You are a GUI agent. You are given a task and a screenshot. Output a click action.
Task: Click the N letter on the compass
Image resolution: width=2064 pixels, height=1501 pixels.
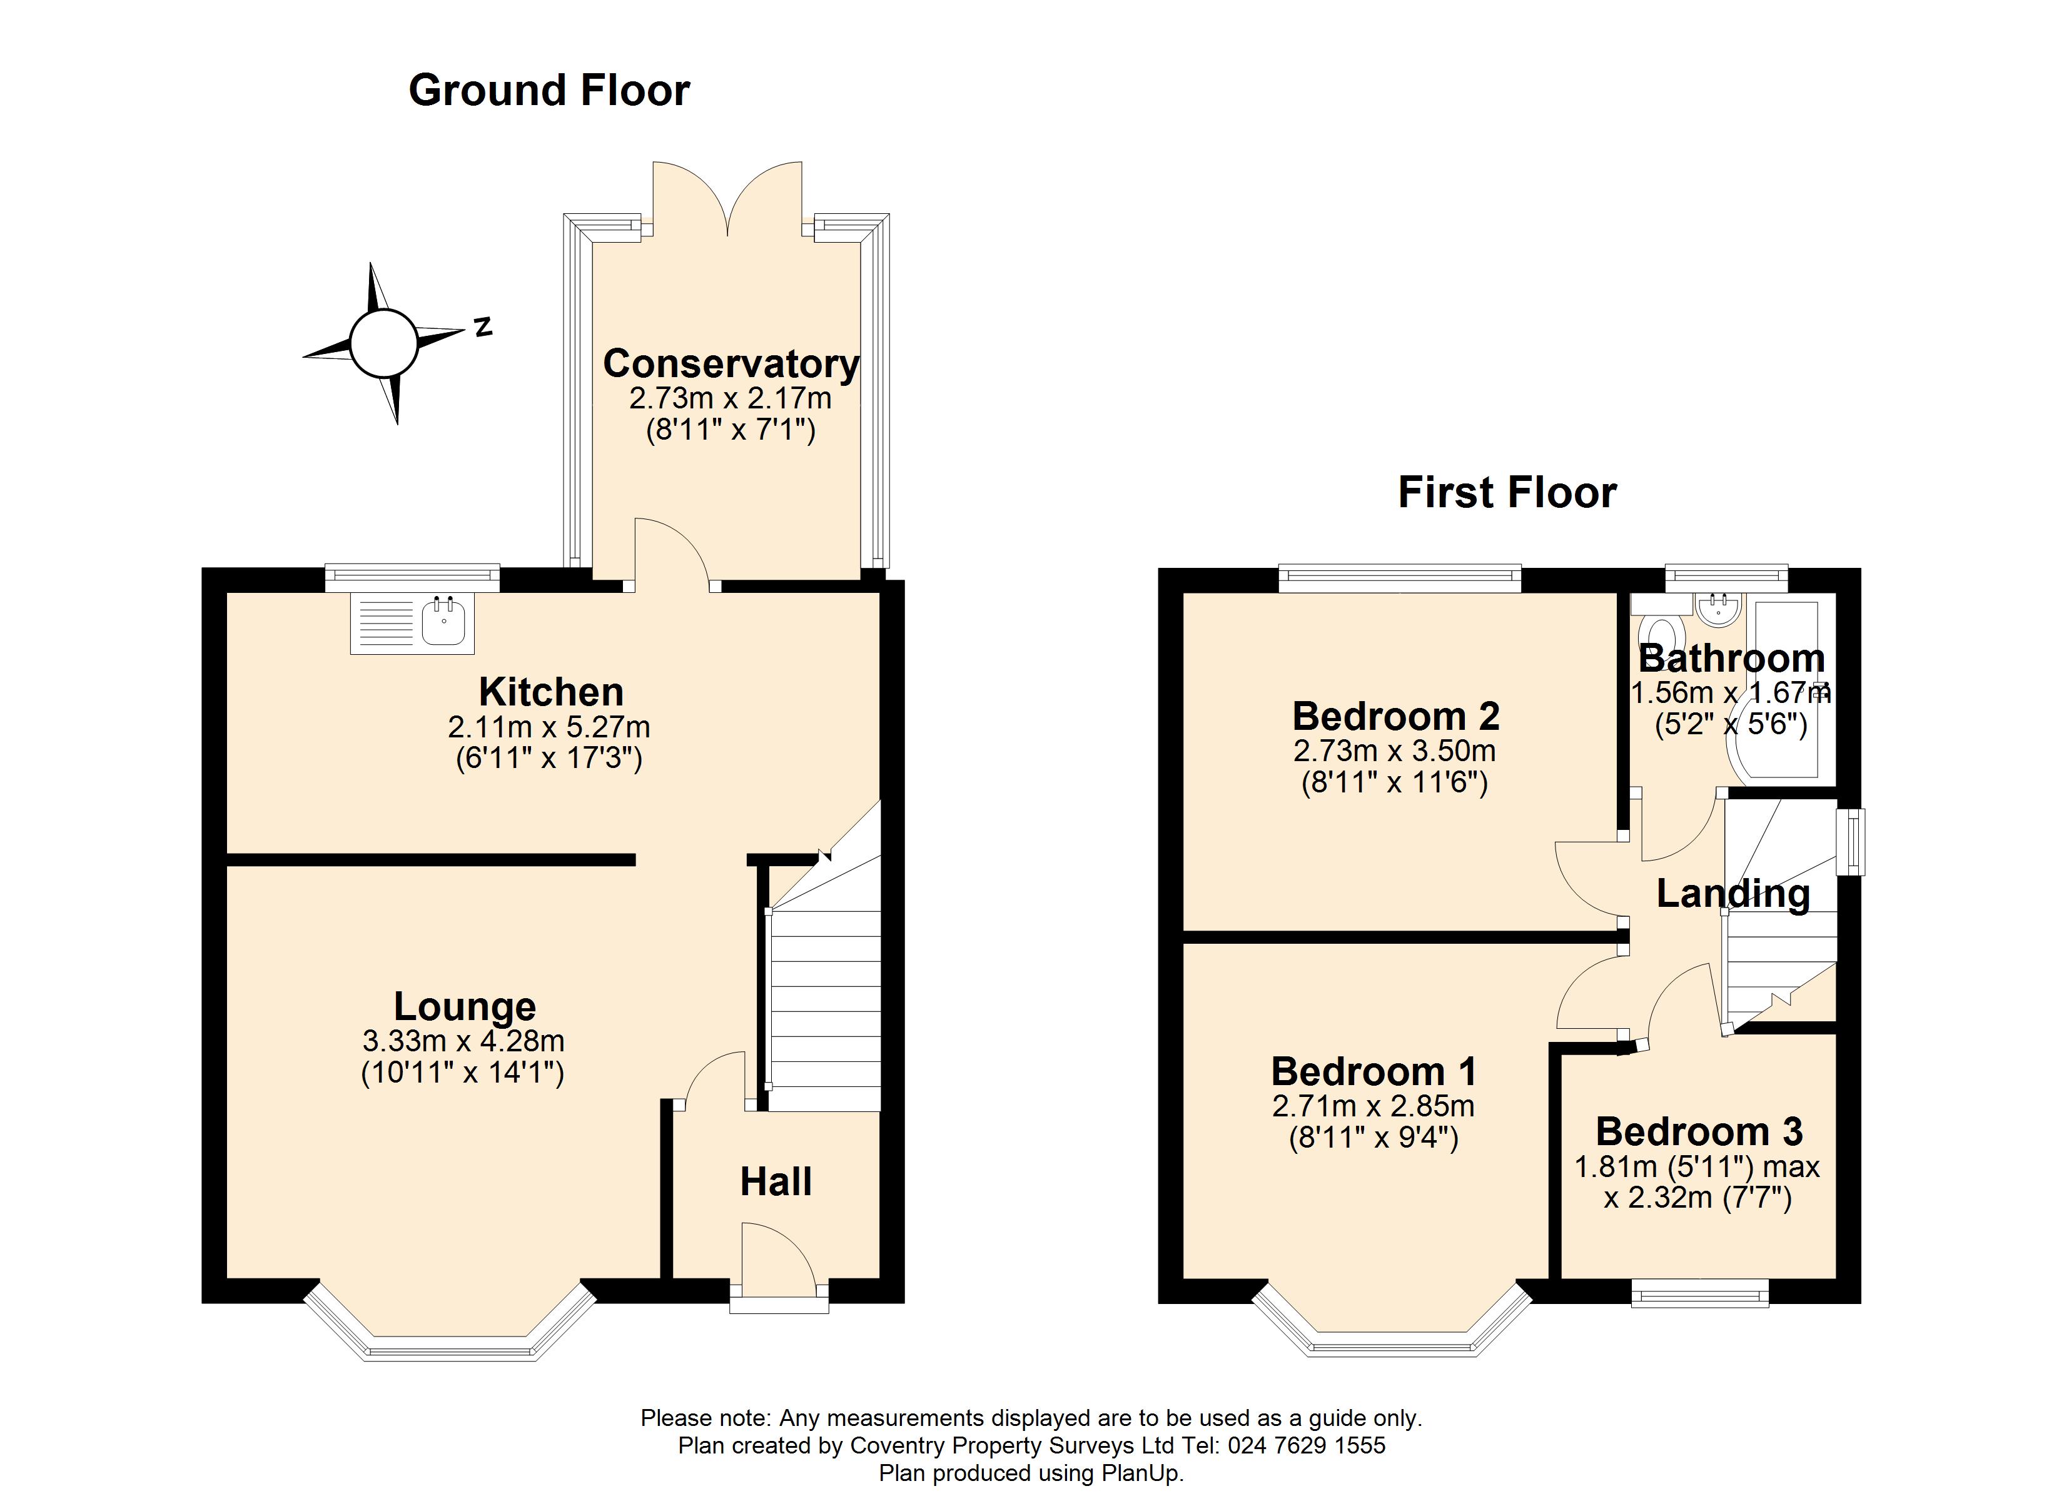click(x=483, y=326)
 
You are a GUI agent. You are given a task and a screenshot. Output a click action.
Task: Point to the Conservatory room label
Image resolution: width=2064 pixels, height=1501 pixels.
click(x=731, y=364)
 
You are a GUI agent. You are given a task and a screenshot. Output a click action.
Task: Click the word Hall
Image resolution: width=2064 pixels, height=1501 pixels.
click(x=776, y=1181)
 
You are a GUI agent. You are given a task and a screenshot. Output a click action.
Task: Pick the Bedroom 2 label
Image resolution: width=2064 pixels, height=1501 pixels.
click(x=1395, y=716)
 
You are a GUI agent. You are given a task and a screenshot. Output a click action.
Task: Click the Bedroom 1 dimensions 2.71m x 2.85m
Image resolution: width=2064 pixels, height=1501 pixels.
click(x=1372, y=1106)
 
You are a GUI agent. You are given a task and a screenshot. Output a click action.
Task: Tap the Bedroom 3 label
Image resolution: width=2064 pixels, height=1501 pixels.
click(x=1698, y=1131)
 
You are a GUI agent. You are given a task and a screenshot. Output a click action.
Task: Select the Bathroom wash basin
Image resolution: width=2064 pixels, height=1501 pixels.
click(x=1718, y=608)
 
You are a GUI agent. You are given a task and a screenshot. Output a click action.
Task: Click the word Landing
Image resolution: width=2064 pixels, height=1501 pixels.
click(x=1733, y=894)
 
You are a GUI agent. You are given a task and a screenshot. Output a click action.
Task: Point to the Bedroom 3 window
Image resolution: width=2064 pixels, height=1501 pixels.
click(x=1699, y=1293)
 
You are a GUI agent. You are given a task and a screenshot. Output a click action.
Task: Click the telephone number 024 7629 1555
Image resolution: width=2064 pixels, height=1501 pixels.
click(x=1306, y=1445)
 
